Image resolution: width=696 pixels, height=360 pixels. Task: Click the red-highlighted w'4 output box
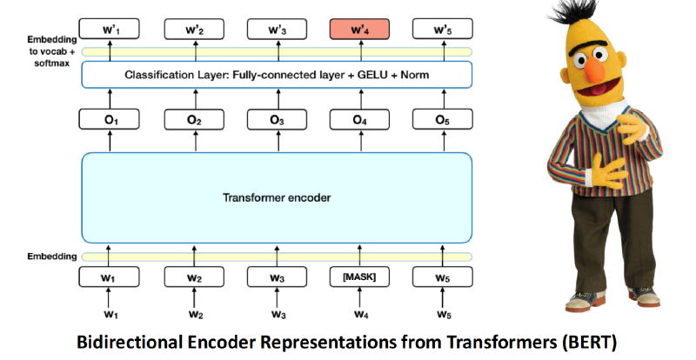click(359, 30)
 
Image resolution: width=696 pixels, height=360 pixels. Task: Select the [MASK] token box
click(359, 277)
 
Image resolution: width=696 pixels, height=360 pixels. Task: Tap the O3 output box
click(277, 119)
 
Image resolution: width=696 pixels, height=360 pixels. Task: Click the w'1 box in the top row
click(110, 30)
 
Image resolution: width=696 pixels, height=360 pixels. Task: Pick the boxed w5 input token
click(443, 277)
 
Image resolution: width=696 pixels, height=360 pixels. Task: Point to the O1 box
click(110, 119)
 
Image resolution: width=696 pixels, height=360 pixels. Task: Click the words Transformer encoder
click(277, 197)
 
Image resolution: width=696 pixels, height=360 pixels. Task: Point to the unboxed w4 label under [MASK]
click(361, 314)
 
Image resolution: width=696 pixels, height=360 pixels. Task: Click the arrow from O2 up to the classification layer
click(196, 98)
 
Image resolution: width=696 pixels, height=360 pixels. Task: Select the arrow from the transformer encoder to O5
click(444, 141)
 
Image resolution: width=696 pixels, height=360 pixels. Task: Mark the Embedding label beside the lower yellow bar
click(52, 257)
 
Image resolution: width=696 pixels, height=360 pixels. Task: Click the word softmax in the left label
click(52, 63)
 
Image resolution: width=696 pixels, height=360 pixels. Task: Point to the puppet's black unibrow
click(588, 47)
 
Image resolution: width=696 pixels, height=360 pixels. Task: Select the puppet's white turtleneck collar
click(605, 112)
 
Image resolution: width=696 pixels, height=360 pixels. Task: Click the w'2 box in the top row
click(194, 30)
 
